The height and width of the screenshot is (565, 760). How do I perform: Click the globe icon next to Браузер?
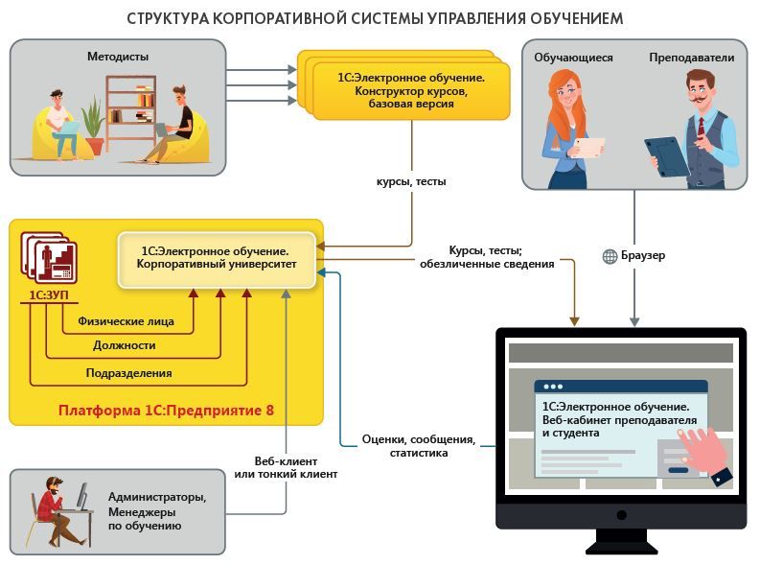(x=610, y=256)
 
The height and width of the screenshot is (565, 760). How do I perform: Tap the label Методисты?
(x=118, y=57)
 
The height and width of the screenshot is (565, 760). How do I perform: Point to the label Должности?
(x=124, y=345)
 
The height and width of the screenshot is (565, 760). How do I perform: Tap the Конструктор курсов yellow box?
(x=409, y=90)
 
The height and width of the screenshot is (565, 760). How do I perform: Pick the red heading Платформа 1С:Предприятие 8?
(x=166, y=410)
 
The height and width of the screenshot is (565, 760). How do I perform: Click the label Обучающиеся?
(x=573, y=58)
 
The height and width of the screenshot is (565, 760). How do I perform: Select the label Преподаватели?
(x=691, y=58)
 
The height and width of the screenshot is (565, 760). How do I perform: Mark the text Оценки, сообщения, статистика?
(x=418, y=446)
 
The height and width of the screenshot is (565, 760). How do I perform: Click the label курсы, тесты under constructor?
(x=411, y=180)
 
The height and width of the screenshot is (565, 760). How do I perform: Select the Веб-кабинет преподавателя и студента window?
(x=620, y=428)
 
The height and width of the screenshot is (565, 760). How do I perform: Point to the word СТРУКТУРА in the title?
(x=169, y=18)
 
